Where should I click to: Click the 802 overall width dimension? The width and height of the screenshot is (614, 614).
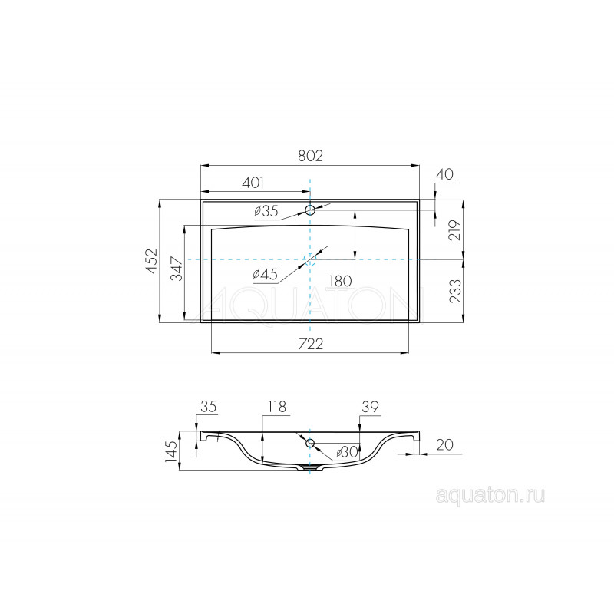[310, 156]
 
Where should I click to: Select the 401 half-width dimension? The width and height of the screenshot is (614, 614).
[253, 183]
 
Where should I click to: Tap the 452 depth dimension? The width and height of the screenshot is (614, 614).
[151, 261]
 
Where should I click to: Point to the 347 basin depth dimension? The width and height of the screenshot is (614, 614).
[177, 269]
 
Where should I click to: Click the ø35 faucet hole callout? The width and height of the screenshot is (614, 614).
[266, 211]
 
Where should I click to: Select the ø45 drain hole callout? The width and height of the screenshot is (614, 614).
[265, 274]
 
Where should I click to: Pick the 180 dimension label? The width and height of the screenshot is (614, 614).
[340, 281]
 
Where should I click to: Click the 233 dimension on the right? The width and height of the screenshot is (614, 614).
[456, 291]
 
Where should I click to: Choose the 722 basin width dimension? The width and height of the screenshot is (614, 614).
[311, 344]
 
